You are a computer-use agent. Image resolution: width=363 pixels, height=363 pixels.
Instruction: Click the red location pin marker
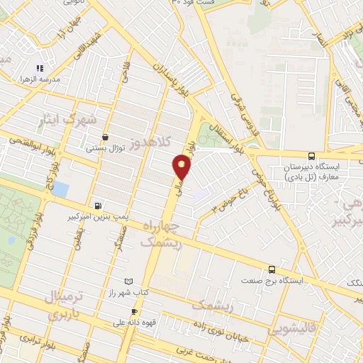tap(182, 167)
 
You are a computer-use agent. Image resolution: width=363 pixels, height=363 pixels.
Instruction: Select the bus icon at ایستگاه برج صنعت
tap(272, 269)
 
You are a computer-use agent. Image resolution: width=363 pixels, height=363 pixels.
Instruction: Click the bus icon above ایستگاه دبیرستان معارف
tap(311, 156)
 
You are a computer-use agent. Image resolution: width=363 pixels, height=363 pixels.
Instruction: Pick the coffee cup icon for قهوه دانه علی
tap(133, 311)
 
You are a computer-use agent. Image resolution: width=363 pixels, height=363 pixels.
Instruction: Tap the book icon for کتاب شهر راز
tap(128, 282)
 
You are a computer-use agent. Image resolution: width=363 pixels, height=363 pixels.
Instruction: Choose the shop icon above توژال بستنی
tap(105, 138)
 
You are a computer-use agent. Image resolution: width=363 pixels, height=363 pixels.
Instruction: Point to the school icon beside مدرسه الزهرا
tap(40, 69)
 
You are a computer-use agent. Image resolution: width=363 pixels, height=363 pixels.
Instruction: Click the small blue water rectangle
tap(60, 190)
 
